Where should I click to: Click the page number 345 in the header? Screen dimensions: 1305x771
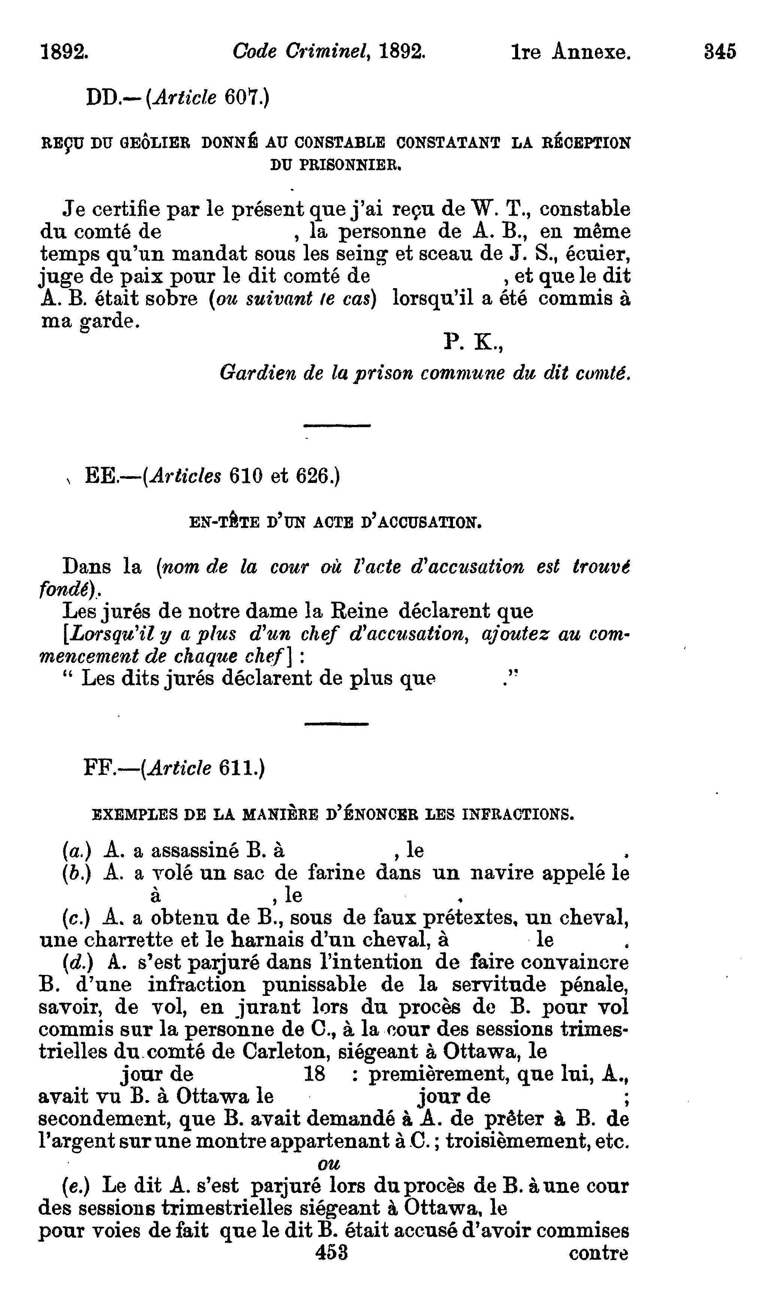click(720, 52)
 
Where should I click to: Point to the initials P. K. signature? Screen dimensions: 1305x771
click(473, 342)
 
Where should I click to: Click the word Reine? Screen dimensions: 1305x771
click(360, 611)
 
